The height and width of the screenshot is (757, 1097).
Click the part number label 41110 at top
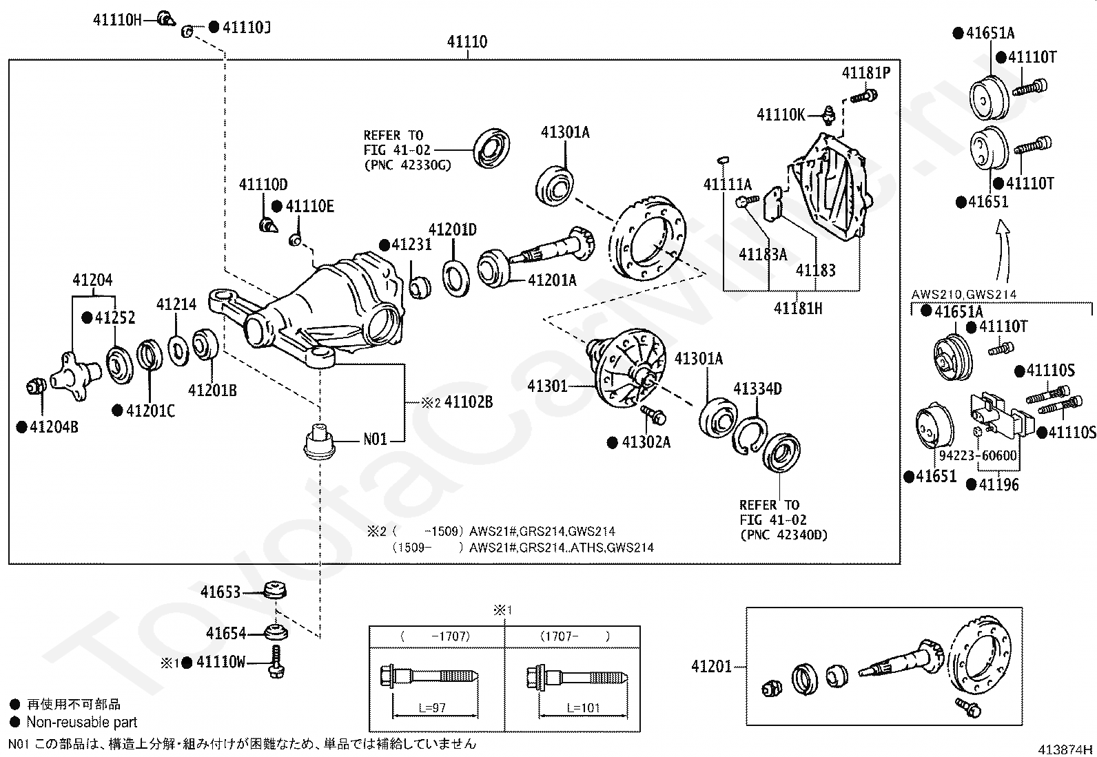pos(467,41)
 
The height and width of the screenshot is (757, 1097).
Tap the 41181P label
pos(866,73)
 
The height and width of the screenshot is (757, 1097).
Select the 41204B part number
pos(54,427)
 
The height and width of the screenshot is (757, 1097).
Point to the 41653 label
pos(221,592)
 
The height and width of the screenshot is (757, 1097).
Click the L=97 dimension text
pos(432,707)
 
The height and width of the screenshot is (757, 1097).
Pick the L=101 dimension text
pos(583,707)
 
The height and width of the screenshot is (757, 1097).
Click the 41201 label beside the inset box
pos(711,666)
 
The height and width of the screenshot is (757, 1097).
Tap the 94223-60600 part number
pos(978,455)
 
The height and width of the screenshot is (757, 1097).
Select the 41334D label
pos(757,388)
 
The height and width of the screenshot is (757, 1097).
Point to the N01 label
pos(375,439)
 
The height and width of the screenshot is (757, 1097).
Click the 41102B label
pos(468,402)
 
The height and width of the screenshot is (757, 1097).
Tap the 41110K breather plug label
pos(781,115)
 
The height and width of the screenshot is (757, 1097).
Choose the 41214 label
pos(176,304)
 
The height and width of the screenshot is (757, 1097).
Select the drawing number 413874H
pos(1065,749)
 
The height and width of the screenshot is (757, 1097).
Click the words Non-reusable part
pos(82,723)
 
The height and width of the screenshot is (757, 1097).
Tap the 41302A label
pos(646,442)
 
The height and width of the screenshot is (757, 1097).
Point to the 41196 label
pos(998,485)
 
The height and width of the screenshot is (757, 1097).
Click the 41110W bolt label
pos(221,662)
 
